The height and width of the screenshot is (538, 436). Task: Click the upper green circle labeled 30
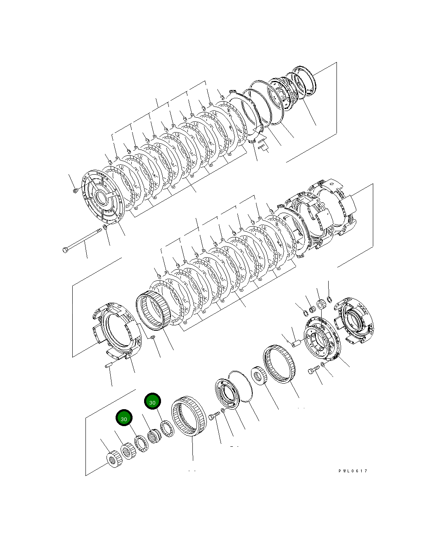coord(152,402)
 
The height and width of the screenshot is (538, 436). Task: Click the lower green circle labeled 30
coord(124,418)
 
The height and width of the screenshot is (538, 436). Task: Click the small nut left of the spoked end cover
coord(75,190)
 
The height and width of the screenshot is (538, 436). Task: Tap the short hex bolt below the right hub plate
coord(314,370)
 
